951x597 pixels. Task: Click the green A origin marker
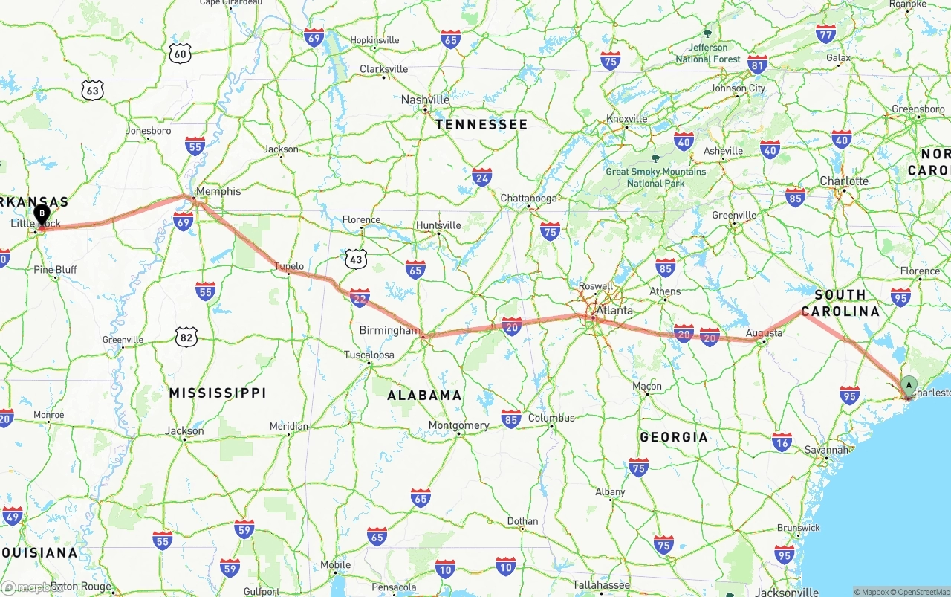pyautogui.click(x=908, y=385)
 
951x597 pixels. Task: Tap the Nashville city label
pyautogui.click(x=425, y=100)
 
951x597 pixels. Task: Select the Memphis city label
pyautogui.click(x=218, y=191)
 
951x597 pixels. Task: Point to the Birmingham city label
pyautogui.click(x=389, y=330)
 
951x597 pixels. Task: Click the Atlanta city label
pyautogui.click(x=615, y=310)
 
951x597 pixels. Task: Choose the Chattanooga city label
pyautogui.click(x=528, y=199)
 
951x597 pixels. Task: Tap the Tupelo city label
pyautogui.click(x=289, y=266)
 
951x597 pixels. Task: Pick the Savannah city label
pyautogui.click(x=826, y=450)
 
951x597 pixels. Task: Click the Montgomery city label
pyautogui.click(x=458, y=425)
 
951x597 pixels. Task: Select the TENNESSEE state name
pyautogui.click(x=481, y=125)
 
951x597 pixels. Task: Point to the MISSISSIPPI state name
pyautogui.click(x=217, y=393)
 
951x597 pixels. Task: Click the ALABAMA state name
pyautogui.click(x=424, y=396)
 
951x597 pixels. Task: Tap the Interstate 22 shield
pyautogui.click(x=360, y=297)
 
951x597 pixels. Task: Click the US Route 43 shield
pyautogui.click(x=357, y=258)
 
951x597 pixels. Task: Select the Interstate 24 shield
pyautogui.click(x=481, y=176)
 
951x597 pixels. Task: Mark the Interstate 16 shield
pyautogui.click(x=782, y=442)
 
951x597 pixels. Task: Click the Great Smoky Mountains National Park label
pyautogui.click(x=655, y=177)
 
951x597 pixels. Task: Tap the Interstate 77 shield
pyautogui.click(x=825, y=33)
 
